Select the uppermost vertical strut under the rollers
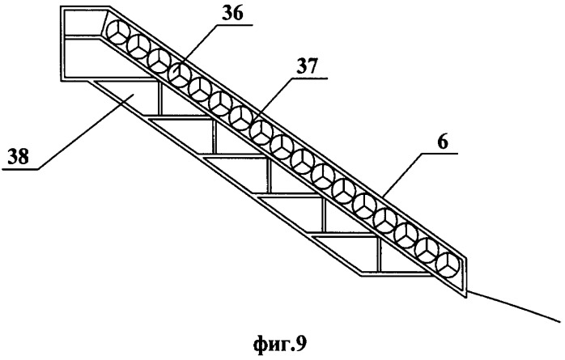160,98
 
